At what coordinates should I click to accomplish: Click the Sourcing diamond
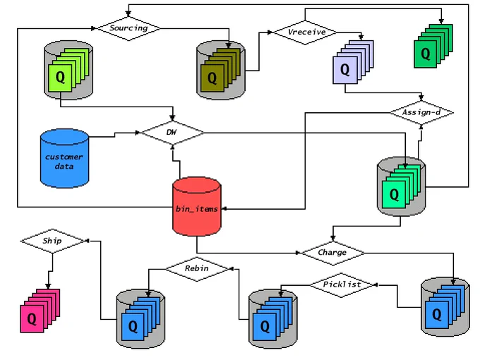tap(128, 28)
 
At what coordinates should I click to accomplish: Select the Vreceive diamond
tap(305, 32)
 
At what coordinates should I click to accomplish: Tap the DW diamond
tap(172, 133)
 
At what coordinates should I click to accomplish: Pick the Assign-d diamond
tap(421, 113)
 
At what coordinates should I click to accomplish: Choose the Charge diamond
tap(332, 253)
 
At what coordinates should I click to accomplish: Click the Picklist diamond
tap(342, 285)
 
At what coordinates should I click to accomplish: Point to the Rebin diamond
tap(197, 269)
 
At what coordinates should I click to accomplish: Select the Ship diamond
tap(52, 241)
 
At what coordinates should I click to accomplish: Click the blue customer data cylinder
tap(65, 158)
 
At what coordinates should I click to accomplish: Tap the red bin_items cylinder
tap(197, 207)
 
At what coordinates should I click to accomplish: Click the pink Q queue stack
tap(40, 311)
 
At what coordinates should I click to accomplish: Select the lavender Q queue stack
tap(353, 62)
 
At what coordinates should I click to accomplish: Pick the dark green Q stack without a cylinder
tap(433, 46)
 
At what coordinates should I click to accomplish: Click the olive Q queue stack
tap(221, 70)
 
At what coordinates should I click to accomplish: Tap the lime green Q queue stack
tap(68, 70)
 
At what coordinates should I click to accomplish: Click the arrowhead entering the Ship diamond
tap(87, 241)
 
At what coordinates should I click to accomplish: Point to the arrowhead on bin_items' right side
tap(224, 209)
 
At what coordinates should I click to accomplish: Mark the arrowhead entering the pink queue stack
tap(48, 286)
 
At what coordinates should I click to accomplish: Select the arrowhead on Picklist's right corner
tap(376, 285)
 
